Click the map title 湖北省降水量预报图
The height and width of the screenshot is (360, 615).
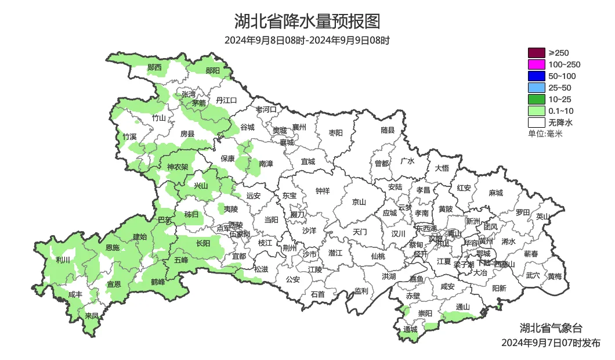point(307,21)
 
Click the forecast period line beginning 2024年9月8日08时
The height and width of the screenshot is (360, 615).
point(307,41)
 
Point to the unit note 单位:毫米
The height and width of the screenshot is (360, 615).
point(545,134)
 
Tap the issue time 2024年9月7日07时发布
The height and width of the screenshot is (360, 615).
point(551,343)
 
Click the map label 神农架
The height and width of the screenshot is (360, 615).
point(178,167)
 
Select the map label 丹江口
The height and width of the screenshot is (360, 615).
point(226,100)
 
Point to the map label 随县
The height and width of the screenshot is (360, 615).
point(388,131)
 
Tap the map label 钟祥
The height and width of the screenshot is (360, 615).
point(323,190)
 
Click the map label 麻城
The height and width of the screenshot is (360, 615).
point(495,193)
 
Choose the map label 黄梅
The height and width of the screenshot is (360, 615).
point(555,276)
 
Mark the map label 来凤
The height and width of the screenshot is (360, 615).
point(92,316)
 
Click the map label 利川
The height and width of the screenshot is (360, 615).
point(63,260)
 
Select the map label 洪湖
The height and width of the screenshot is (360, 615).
point(388,276)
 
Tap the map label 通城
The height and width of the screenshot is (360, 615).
point(410,329)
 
